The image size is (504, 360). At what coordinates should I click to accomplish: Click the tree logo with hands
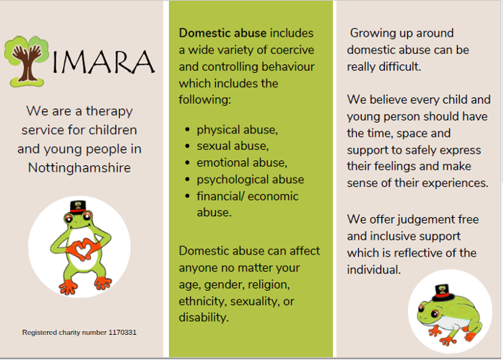[27, 61]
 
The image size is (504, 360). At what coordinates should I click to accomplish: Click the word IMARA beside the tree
[103, 61]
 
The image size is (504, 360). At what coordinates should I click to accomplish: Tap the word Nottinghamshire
[79, 167]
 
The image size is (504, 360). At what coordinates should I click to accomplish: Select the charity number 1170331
[123, 333]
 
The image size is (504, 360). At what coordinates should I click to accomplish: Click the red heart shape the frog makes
[84, 249]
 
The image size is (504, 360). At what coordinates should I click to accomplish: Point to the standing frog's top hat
[78, 207]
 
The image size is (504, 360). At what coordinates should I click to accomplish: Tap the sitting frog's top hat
[443, 292]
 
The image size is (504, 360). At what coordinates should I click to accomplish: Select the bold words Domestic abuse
[222, 33]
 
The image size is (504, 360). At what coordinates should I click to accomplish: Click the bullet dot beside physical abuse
[188, 129]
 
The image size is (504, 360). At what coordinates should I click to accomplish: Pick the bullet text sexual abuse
[233, 146]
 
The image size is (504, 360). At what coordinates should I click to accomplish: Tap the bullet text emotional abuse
[242, 163]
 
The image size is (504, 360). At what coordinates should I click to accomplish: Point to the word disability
[204, 317]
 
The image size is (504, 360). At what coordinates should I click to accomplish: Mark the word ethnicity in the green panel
[202, 302]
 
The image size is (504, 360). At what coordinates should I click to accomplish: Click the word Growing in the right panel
[368, 33]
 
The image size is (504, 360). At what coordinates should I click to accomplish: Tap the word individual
[373, 269]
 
